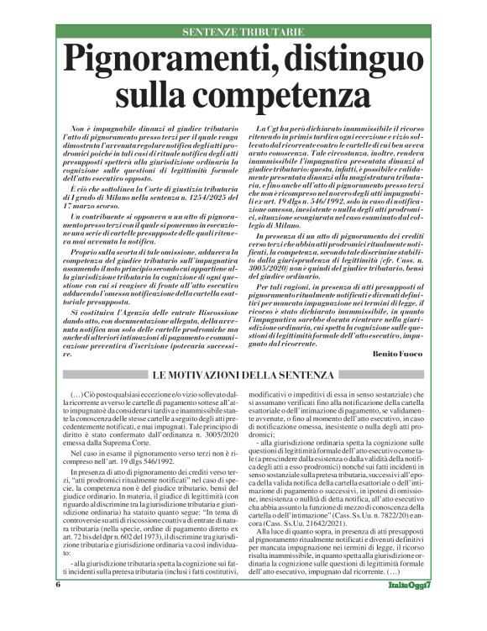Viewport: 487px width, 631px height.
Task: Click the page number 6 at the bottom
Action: pos(58,607)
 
